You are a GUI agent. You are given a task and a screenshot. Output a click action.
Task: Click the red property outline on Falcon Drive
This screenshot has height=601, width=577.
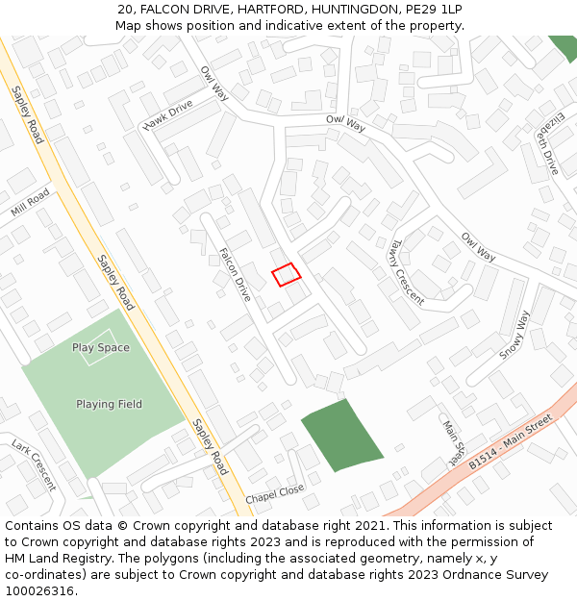[286, 275]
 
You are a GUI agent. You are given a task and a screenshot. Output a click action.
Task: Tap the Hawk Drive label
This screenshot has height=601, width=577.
[168, 114]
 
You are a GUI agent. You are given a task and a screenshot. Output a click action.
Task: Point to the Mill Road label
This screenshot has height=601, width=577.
[30, 203]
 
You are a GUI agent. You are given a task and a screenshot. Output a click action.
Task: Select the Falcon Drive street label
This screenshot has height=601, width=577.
[235, 275]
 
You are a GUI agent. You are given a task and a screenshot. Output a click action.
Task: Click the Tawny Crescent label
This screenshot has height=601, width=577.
[407, 272]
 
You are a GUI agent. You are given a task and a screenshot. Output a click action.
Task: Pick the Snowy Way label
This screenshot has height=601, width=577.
[514, 335]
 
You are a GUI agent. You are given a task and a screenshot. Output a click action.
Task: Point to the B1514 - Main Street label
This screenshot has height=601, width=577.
[512, 442]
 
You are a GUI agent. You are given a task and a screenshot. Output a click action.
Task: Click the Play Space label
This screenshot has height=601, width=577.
[100, 347]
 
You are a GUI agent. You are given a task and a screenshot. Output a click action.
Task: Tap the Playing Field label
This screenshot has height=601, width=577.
[109, 404]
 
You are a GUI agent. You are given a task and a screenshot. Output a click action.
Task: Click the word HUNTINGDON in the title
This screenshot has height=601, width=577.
[341, 9]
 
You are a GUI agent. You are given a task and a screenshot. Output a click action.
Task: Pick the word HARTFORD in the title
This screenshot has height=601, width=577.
[256, 9]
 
